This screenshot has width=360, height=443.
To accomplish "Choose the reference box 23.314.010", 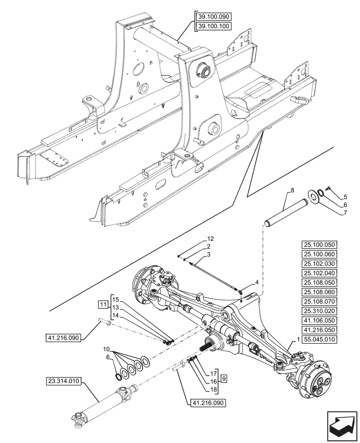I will coord(63,381).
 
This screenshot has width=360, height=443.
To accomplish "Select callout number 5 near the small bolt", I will coord(345,196).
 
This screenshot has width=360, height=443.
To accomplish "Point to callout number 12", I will coord(210,238).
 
